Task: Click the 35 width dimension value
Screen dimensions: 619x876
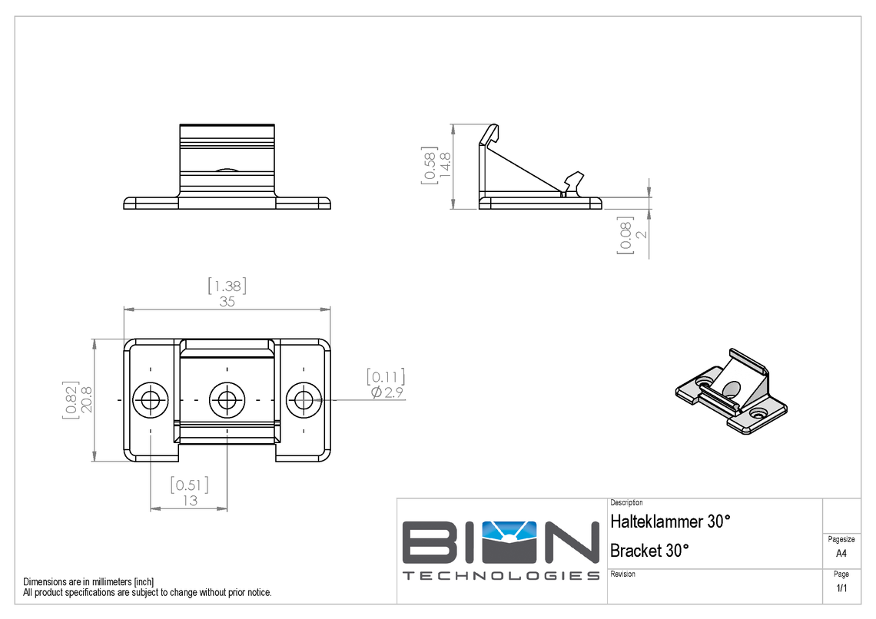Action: coord(227,302)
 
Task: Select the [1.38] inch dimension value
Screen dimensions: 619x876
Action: coord(227,286)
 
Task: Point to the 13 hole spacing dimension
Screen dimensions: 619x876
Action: coord(189,500)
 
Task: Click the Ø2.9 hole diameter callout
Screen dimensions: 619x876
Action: coord(387,392)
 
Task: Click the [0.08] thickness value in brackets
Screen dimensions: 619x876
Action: coord(624,235)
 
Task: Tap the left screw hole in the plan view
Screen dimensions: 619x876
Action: coord(151,399)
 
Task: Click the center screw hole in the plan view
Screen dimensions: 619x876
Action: coord(227,399)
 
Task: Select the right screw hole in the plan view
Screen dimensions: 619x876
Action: coord(304,399)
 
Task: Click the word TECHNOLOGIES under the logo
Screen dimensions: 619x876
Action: coord(501,576)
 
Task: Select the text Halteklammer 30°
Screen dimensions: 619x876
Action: coord(669,521)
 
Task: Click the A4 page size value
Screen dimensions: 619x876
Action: coord(841,553)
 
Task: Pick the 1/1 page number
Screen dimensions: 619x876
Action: coord(841,589)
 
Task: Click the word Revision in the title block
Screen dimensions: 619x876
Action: coord(622,574)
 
